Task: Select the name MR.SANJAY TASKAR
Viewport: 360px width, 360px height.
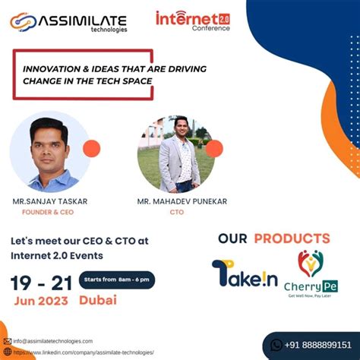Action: pos(50,201)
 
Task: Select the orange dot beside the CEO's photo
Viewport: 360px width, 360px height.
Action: pos(92,149)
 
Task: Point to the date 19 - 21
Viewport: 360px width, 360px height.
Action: pos(41,283)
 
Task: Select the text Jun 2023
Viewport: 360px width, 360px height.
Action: pos(42,302)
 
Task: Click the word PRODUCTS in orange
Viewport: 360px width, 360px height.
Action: pos(292,238)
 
